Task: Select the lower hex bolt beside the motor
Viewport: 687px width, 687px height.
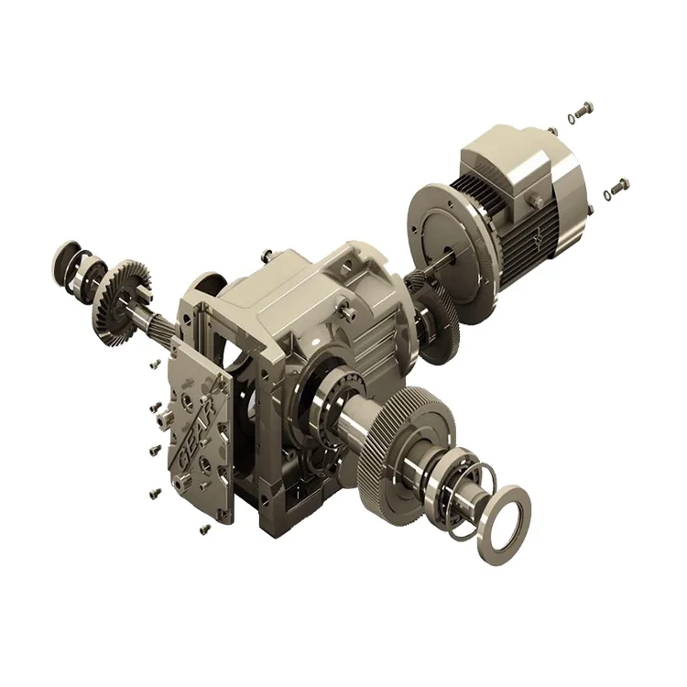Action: [620, 184]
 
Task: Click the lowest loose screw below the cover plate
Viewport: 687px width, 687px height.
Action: [203, 529]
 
